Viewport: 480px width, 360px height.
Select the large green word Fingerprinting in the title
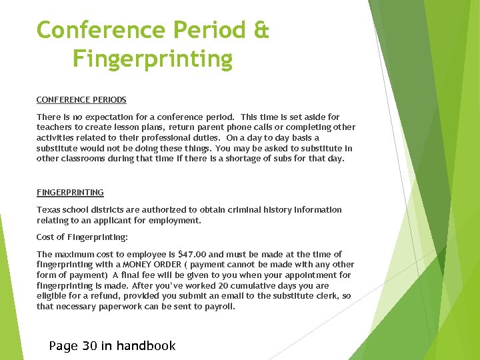153,60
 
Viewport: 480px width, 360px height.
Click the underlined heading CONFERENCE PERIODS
81,100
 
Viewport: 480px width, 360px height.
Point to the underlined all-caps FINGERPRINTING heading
70,193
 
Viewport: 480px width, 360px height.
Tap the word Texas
49,210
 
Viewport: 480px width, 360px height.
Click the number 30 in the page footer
89,345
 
